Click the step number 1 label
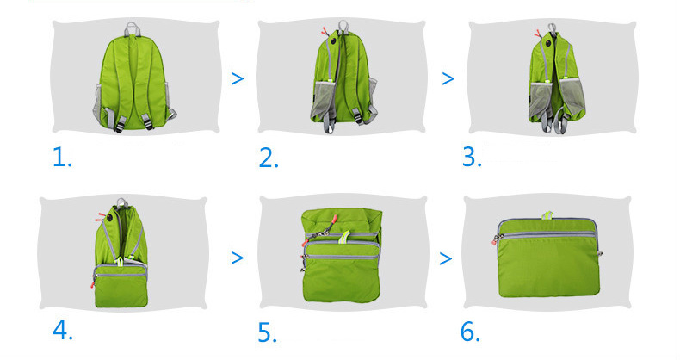point(62,157)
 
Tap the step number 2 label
point(269,158)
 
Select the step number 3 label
point(472,157)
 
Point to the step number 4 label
point(63,331)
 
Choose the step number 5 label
point(267,332)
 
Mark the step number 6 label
point(470,332)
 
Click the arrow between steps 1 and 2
point(238,78)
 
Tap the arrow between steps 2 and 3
point(448,78)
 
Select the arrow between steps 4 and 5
point(238,258)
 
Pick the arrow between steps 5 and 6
point(445,258)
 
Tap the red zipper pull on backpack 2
point(325,32)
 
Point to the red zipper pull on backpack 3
point(537,34)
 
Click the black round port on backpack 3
point(548,43)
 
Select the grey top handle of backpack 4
point(121,202)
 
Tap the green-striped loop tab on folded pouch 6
point(547,215)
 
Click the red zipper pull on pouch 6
point(494,240)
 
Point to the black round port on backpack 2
point(334,41)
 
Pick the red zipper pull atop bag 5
point(334,217)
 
